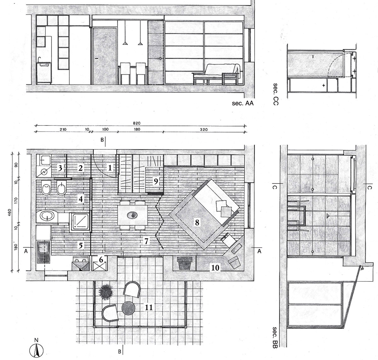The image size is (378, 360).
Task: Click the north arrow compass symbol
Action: [36, 350]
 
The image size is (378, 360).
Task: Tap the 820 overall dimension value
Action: [136, 123]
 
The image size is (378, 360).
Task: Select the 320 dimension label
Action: [203, 130]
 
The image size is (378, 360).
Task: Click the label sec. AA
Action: [243, 103]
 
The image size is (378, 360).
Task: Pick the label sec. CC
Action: [276, 94]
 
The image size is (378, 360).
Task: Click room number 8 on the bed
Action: [197, 223]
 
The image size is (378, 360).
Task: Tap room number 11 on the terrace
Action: [149, 307]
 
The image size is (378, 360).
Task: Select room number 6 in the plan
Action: [101, 260]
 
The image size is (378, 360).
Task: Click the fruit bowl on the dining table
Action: [133, 215]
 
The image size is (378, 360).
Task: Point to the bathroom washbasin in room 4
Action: [47, 216]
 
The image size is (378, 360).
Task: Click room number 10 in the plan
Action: [215, 268]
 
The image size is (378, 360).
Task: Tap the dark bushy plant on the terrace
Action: [105, 291]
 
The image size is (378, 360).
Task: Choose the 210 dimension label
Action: [63, 130]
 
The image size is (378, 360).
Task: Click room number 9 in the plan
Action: [156, 181]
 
